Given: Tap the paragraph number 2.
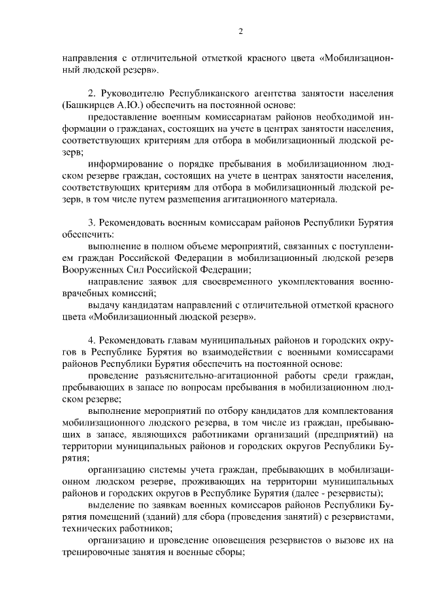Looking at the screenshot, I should (92, 93).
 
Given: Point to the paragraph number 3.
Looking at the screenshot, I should (92, 223).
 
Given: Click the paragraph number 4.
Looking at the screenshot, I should (92, 339).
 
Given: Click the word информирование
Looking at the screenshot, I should (126, 164).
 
